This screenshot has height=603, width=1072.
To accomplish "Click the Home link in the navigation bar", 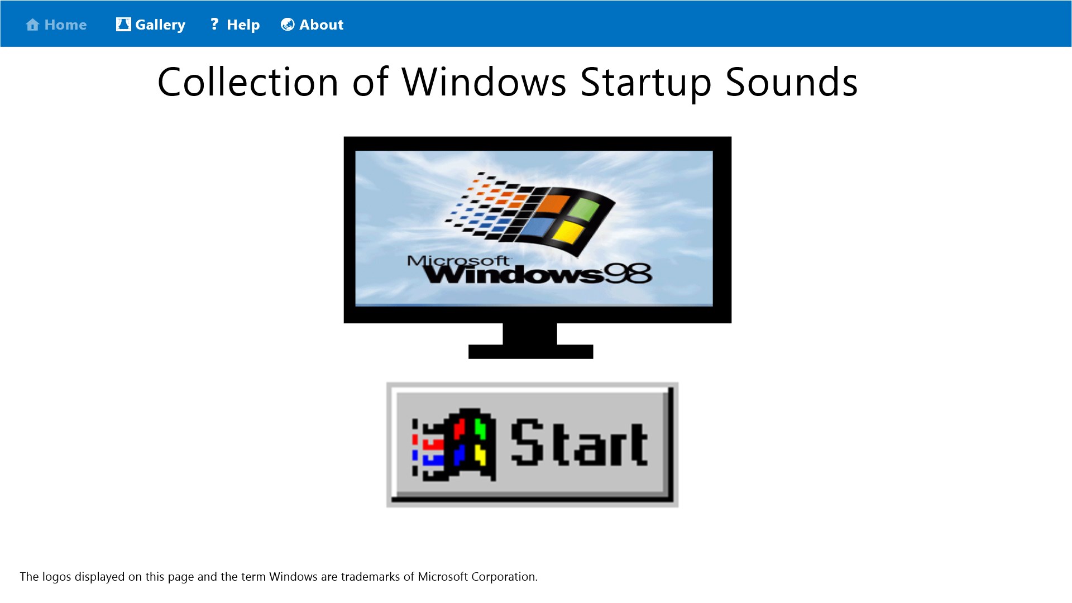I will (x=65, y=25).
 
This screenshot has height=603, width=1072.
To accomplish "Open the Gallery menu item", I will (x=160, y=25).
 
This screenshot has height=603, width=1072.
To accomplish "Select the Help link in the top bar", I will (x=243, y=25).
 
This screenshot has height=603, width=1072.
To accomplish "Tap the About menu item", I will (x=321, y=25).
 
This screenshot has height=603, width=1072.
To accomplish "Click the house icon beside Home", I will (x=32, y=25).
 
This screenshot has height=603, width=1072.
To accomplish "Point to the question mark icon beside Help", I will (x=214, y=24).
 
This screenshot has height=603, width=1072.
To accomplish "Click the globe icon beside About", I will (x=288, y=25).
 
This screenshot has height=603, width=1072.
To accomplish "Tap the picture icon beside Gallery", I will (x=123, y=25).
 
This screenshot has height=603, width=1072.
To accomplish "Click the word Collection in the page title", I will (x=248, y=83).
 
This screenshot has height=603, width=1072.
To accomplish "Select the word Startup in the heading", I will (x=645, y=83).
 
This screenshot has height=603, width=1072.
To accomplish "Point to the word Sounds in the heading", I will (x=791, y=83).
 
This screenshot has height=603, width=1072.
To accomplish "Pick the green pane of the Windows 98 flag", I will (x=585, y=209).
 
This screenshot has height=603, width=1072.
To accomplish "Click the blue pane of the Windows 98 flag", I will (x=538, y=227).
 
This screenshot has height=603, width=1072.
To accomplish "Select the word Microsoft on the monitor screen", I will (x=458, y=260).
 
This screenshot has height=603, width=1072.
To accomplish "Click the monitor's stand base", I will (x=530, y=352).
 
